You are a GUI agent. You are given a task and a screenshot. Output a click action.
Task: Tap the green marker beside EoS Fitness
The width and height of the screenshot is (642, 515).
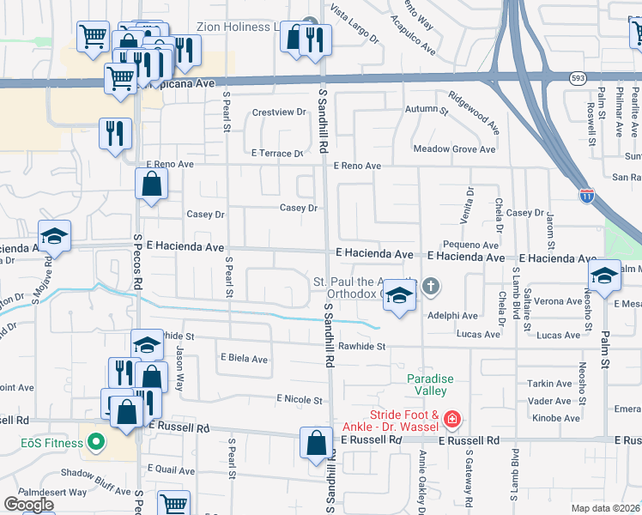[94, 443]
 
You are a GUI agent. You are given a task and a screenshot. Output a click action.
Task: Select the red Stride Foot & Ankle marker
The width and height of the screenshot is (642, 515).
[452, 420]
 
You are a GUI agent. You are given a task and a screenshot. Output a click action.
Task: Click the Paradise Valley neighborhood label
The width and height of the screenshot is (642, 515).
[427, 385]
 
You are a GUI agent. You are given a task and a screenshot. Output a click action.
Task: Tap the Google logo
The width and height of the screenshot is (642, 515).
[28, 505]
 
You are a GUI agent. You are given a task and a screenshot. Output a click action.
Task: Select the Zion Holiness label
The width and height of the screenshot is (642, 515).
[233, 27]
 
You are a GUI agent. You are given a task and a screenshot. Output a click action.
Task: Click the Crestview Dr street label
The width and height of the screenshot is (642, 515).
[279, 112]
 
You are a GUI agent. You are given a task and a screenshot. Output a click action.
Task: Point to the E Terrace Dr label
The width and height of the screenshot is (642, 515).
[277, 154]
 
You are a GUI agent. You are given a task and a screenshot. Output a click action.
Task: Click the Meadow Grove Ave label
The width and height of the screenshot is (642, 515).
[454, 148]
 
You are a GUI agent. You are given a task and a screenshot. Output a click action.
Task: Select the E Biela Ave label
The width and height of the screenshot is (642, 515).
[245, 359]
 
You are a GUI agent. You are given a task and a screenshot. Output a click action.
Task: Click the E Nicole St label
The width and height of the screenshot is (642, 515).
[299, 399]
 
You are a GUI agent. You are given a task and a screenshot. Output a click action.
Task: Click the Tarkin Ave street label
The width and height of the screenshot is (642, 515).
[550, 384]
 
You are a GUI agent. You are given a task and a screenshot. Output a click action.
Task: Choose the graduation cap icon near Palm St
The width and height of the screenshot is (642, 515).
[604, 275]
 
